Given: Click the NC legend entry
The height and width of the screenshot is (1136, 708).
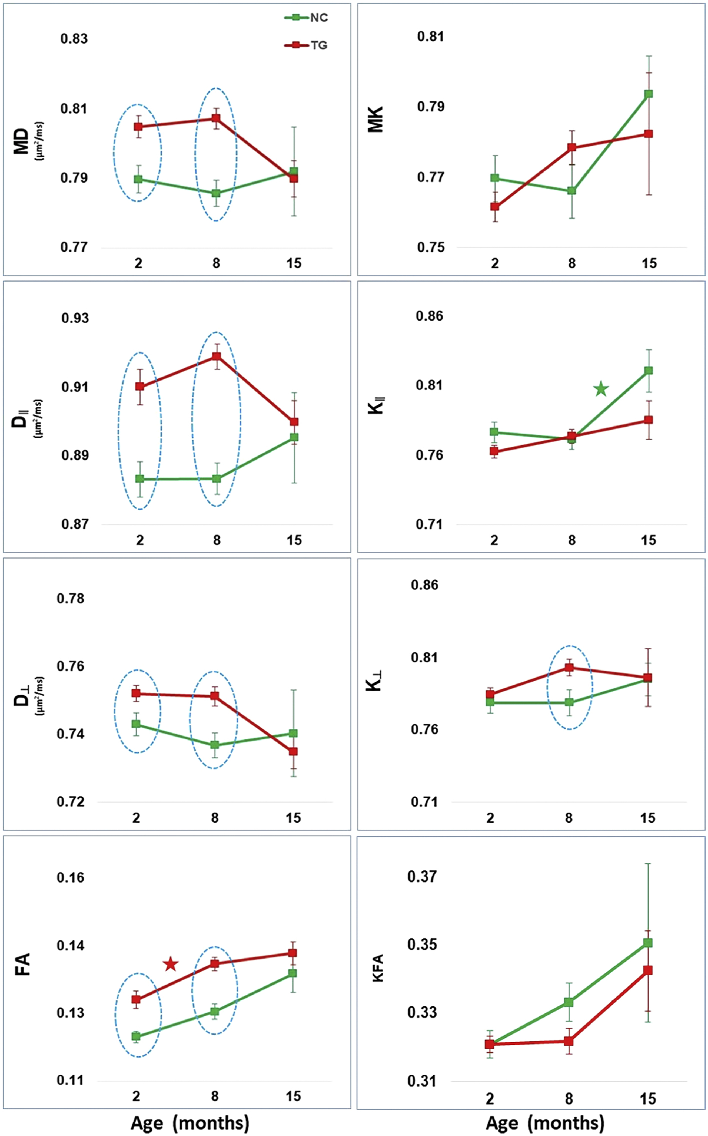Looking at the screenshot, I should (x=307, y=18).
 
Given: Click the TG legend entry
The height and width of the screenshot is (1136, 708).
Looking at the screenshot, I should (x=307, y=45).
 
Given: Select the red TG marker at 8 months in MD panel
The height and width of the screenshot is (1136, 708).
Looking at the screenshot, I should (x=216, y=118).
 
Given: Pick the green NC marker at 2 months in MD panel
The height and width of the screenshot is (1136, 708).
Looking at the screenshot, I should (x=138, y=179).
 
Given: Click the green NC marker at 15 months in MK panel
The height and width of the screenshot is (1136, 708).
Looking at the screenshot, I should (x=649, y=94).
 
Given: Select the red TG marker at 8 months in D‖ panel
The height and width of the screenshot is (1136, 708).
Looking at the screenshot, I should (x=216, y=356).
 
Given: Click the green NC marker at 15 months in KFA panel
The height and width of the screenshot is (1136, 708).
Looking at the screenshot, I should (x=648, y=943).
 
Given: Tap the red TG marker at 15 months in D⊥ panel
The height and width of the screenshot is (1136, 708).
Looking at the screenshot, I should (x=293, y=751).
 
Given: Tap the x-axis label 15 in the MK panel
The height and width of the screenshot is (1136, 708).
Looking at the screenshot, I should (x=649, y=263).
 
